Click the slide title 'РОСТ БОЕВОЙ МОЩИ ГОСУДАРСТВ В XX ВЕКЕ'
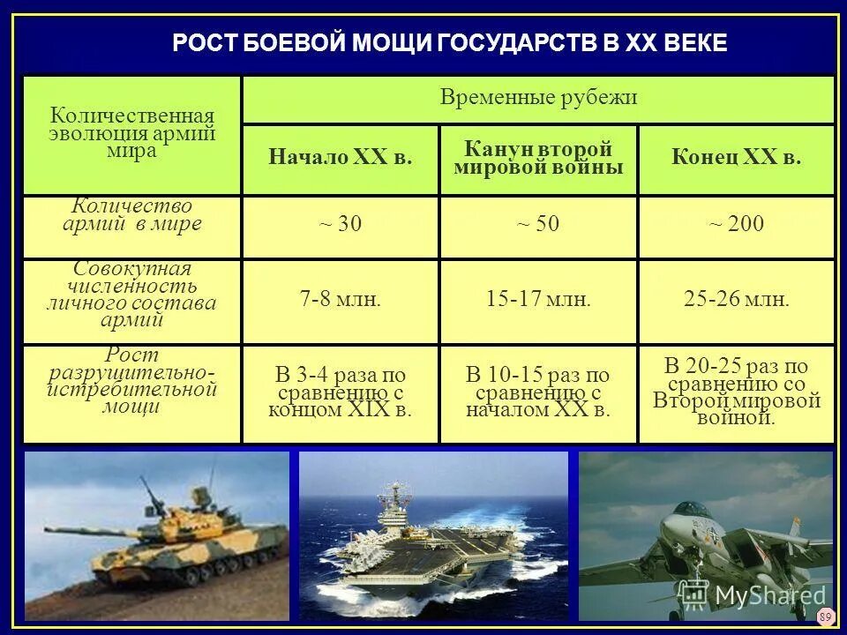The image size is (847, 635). click(450, 43)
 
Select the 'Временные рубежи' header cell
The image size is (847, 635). click(538, 98)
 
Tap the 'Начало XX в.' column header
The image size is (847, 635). click(341, 159)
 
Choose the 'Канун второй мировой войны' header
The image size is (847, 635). click(538, 159)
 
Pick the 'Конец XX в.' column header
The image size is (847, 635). click(736, 159)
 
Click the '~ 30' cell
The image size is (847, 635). click(341, 225)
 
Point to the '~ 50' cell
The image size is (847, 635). click(538, 225)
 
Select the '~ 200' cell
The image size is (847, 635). click(736, 225)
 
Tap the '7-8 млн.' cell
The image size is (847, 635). click(341, 300)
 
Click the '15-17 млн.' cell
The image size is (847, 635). click(538, 300)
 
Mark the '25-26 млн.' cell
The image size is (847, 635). click(736, 300)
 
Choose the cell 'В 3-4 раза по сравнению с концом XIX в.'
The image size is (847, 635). click(341, 392)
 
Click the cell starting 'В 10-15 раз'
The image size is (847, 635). click(538, 392)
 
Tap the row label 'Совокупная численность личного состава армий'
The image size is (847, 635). click(132, 295)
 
